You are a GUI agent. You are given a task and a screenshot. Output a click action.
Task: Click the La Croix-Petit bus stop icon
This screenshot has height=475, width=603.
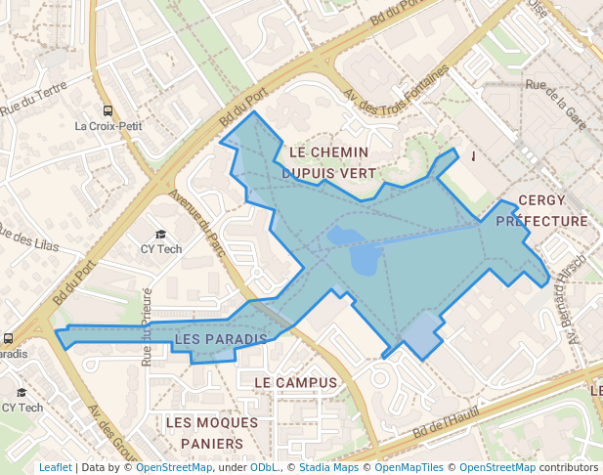click(x=108, y=111)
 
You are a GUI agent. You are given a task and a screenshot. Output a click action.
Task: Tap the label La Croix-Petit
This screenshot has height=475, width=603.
click(x=108, y=126)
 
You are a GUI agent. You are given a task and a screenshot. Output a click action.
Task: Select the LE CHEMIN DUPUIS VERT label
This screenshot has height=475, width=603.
click(x=329, y=162)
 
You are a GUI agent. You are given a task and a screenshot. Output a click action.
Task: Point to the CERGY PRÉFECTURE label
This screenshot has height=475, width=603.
click(x=541, y=210)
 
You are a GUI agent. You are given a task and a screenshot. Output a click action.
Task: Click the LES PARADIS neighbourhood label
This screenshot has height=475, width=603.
click(x=220, y=339)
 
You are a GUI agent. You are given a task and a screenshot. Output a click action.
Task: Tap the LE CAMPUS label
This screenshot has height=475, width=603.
click(x=295, y=382)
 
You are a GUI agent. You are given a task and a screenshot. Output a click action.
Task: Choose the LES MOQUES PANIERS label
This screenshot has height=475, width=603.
click(x=211, y=433)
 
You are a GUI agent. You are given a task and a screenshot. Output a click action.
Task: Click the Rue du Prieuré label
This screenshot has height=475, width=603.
click(x=148, y=326)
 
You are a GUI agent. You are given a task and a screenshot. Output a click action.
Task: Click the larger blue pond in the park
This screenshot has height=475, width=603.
click(x=366, y=259)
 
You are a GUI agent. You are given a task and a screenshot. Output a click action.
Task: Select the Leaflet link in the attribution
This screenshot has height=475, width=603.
click(x=56, y=467)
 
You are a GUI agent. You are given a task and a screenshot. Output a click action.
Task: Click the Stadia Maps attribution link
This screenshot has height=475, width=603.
click(x=328, y=467)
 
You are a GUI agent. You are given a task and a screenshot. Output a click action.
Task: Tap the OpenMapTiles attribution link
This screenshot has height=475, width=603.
click(x=409, y=467)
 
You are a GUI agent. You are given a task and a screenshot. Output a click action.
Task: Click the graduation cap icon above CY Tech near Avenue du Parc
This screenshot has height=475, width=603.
click(x=161, y=235)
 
